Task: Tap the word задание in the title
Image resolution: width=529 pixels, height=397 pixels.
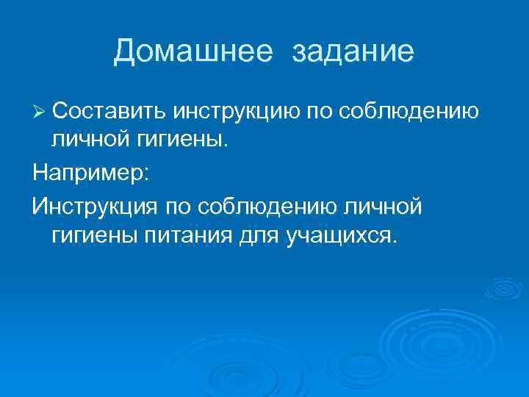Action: coord(353,51)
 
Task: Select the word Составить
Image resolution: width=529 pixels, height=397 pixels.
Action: coord(110,111)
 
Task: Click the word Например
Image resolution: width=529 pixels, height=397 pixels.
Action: coord(89,174)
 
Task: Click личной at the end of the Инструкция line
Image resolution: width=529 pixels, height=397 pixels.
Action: coord(382,207)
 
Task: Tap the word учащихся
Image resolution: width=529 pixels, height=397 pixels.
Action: coord(339,237)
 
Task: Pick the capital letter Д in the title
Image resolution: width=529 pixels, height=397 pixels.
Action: coord(126,51)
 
